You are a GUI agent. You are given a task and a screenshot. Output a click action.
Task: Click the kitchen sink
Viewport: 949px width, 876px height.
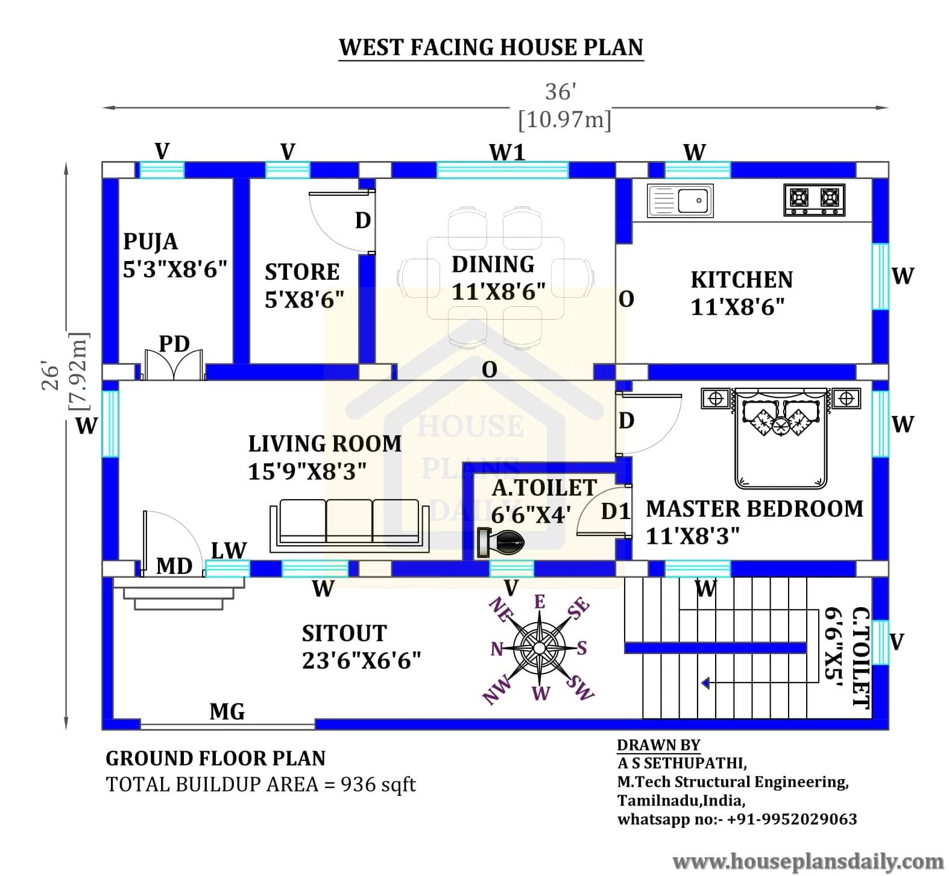point(680,201)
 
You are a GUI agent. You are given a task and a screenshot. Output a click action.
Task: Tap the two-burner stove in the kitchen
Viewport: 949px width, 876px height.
point(815,200)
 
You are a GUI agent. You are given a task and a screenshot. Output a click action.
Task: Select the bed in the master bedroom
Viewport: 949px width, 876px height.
point(781,438)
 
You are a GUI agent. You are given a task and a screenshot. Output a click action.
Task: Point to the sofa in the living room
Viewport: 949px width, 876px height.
point(349,525)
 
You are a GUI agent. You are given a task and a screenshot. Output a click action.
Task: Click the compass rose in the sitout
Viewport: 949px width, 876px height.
point(540,649)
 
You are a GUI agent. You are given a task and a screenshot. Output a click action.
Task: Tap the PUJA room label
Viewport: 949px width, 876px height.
point(150,242)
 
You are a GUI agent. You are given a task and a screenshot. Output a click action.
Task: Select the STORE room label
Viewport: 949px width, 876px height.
point(302,272)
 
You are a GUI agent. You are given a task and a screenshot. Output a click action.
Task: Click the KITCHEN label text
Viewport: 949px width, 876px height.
point(742,280)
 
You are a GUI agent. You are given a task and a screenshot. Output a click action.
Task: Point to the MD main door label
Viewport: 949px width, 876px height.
point(174,566)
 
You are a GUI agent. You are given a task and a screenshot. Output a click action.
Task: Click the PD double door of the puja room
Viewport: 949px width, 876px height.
point(174,365)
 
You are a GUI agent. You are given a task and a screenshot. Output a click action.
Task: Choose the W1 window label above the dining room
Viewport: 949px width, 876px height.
point(507,153)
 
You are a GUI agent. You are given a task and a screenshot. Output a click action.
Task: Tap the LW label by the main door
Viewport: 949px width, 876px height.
point(229,550)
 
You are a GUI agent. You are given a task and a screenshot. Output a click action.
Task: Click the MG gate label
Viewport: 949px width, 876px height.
point(227,712)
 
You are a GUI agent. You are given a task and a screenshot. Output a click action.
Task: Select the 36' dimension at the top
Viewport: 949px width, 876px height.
point(561,92)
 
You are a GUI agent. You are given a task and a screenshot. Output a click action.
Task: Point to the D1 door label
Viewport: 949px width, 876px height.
point(616,512)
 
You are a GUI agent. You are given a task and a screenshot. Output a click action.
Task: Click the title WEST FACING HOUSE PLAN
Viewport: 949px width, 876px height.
point(491,47)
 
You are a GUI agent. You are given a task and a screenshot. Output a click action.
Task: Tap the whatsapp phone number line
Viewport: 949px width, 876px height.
point(737,819)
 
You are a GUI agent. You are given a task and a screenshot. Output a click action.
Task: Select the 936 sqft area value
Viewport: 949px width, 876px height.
point(378,784)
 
